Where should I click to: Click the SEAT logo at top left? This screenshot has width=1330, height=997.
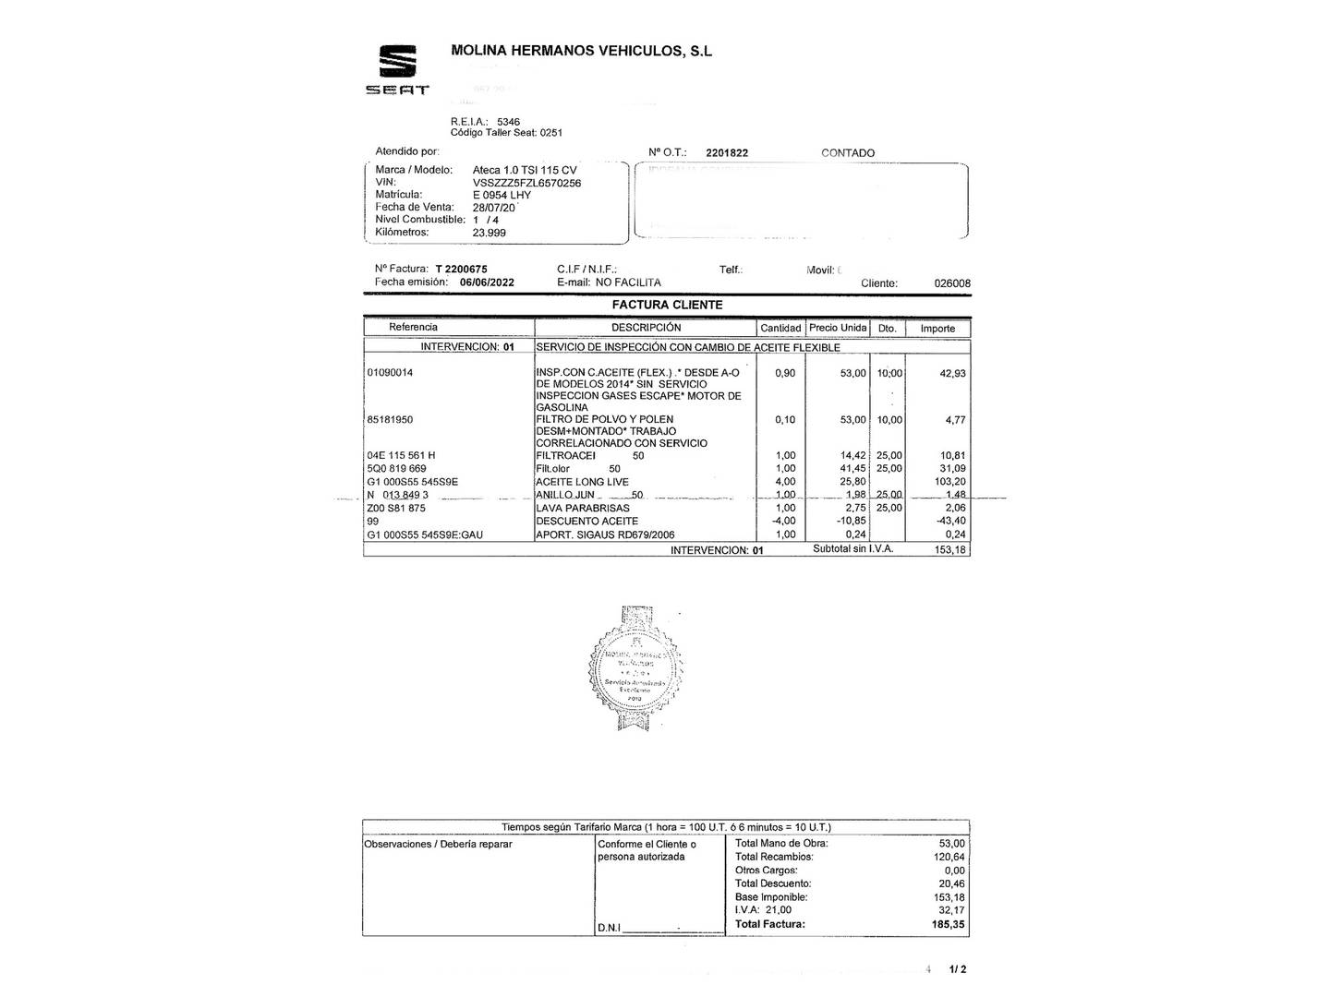pyautogui.click(x=397, y=70)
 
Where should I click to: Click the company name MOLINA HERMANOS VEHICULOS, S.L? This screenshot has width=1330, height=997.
pyautogui.click(x=581, y=51)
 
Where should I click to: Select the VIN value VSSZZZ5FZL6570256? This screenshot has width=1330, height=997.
pyautogui.click(x=526, y=183)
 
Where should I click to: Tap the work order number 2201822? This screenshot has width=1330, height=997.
pyautogui.click(x=727, y=153)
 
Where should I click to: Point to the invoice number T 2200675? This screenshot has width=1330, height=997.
pyautogui.click(x=461, y=270)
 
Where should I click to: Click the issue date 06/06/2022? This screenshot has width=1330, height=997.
pyautogui.click(x=487, y=282)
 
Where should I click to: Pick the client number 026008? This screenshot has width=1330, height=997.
pyautogui.click(x=952, y=283)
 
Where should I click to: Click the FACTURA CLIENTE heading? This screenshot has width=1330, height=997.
pyautogui.click(x=667, y=305)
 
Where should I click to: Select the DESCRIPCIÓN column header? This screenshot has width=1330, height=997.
pyautogui.click(x=646, y=328)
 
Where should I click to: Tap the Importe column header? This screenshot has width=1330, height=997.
pyautogui.click(x=937, y=329)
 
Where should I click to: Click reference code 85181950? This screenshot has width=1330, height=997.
pyautogui.click(x=390, y=420)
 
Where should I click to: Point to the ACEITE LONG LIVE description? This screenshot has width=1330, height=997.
pyautogui.click(x=582, y=482)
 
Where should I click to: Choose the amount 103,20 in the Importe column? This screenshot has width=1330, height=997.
pyautogui.click(x=946, y=482)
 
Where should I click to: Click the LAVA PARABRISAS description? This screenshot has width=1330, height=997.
pyautogui.click(x=583, y=508)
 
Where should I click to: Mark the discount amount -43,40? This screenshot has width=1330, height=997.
pyautogui.click(x=948, y=522)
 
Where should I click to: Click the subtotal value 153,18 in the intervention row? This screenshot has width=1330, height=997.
pyautogui.click(x=950, y=550)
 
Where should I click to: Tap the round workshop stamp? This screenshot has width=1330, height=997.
pyautogui.click(x=635, y=667)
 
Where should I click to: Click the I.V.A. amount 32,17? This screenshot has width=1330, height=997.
pyautogui.click(x=951, y=910)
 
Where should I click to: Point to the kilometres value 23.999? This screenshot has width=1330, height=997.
pyautogui.click(x=490, y=233)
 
